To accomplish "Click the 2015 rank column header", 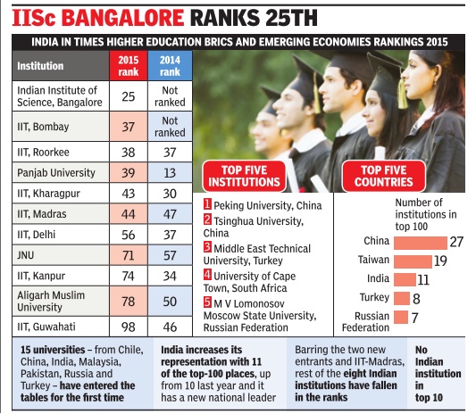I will [127, 65].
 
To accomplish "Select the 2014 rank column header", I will [169, 65].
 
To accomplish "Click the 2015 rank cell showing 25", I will [127, 95].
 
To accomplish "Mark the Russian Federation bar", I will [398, 317].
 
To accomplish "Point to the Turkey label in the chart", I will [374, 298].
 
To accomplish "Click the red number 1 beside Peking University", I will [208, 205].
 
